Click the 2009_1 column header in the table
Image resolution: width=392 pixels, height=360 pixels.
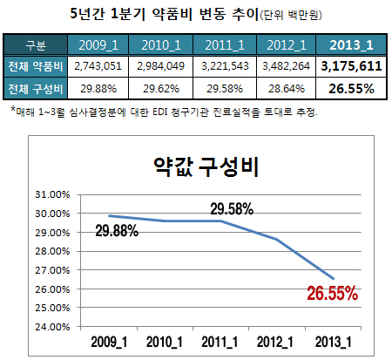(97, 44)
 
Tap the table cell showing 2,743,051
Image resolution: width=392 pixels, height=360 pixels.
(97, 66)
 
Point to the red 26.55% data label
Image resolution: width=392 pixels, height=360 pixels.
(332, 293)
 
